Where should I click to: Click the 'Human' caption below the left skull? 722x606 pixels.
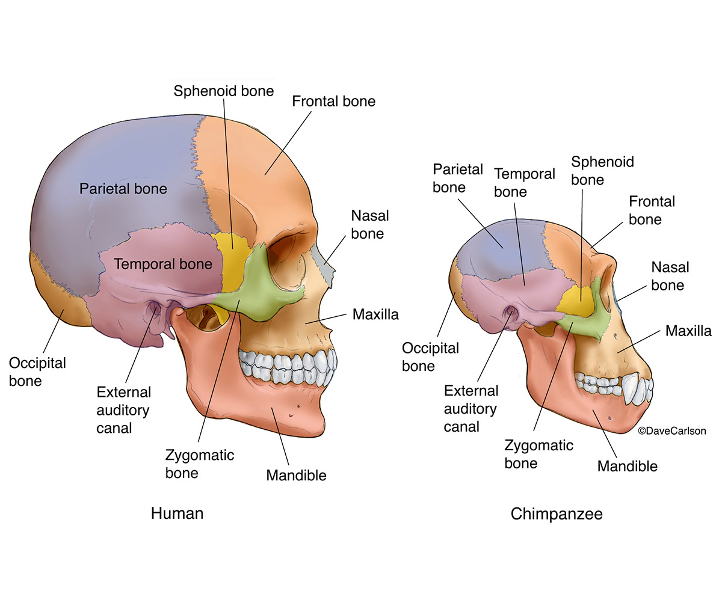coord(177,513)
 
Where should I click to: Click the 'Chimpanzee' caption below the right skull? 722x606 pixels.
coord(556,515)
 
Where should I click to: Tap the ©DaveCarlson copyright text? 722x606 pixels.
coord(671,430)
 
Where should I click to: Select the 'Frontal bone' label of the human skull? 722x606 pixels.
coord(333,101)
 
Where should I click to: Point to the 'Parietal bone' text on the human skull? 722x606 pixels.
coord(123,189)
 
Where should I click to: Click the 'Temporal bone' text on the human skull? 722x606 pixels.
coord(162,264)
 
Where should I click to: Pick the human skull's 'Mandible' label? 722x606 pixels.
coord(296,476)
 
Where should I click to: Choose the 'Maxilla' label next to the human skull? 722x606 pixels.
coord(375,314)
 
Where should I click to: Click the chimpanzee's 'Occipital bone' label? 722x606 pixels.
coord(430,356)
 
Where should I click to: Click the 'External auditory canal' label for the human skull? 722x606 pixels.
coord(124,409)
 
